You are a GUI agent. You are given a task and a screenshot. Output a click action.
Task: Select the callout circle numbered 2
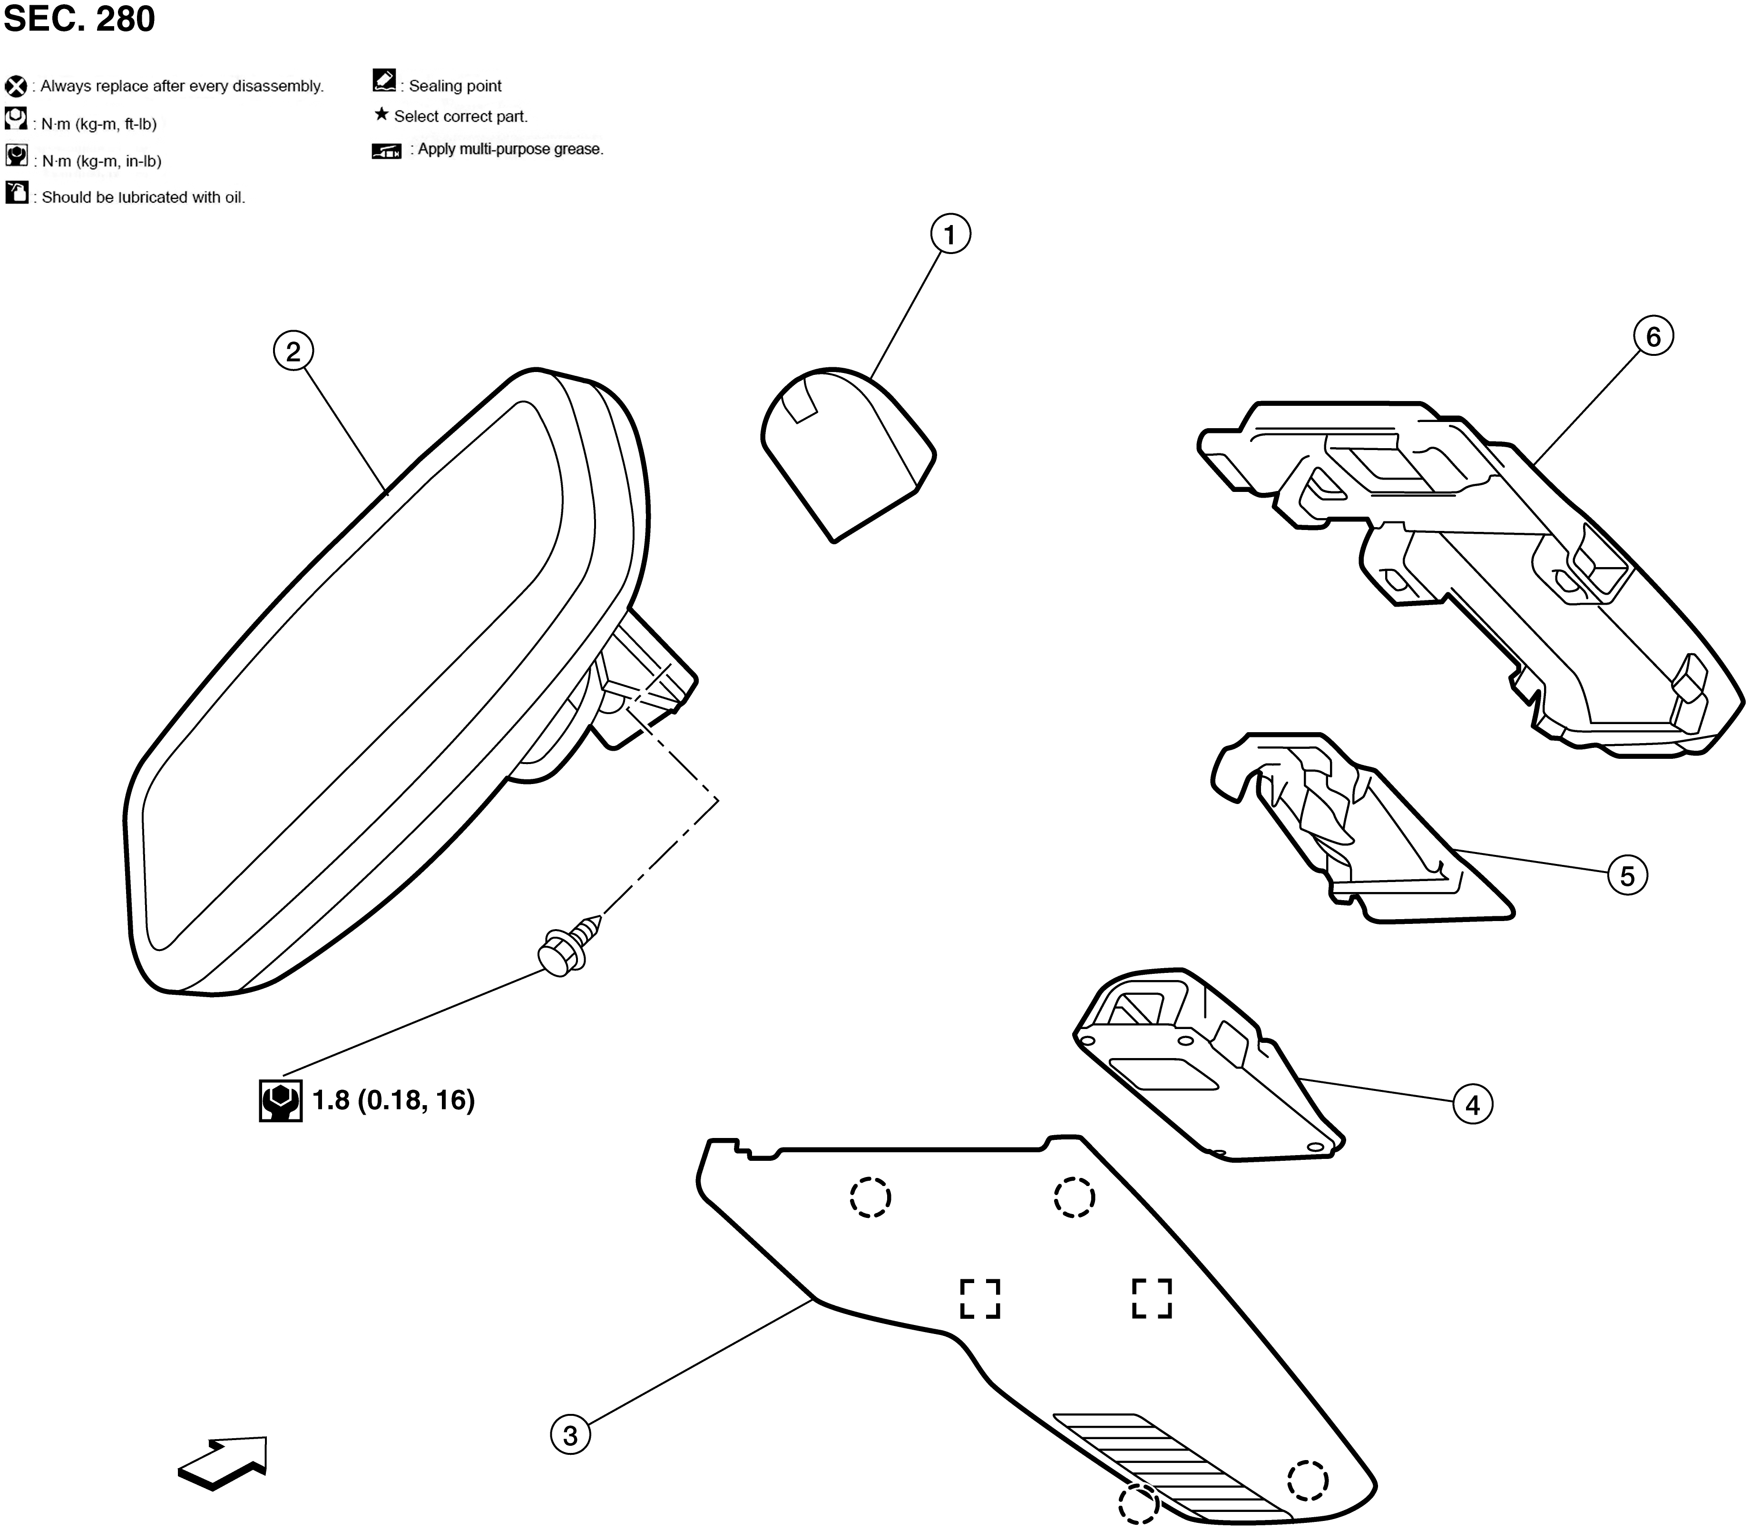tap(293, 351)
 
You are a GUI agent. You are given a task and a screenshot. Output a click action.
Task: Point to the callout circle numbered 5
tap(1627, 876)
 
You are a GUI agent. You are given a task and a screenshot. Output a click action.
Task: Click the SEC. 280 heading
tap(79, 19)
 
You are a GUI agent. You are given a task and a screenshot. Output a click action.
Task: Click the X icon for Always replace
tap(15, 86)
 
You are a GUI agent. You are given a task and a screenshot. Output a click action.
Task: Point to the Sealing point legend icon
tap(385, 80)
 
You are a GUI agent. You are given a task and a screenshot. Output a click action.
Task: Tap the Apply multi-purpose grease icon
tap(387, 151)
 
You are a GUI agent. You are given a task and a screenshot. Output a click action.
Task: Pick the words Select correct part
tap(461, 116)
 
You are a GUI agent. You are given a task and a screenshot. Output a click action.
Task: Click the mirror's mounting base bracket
tap(646, 680)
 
